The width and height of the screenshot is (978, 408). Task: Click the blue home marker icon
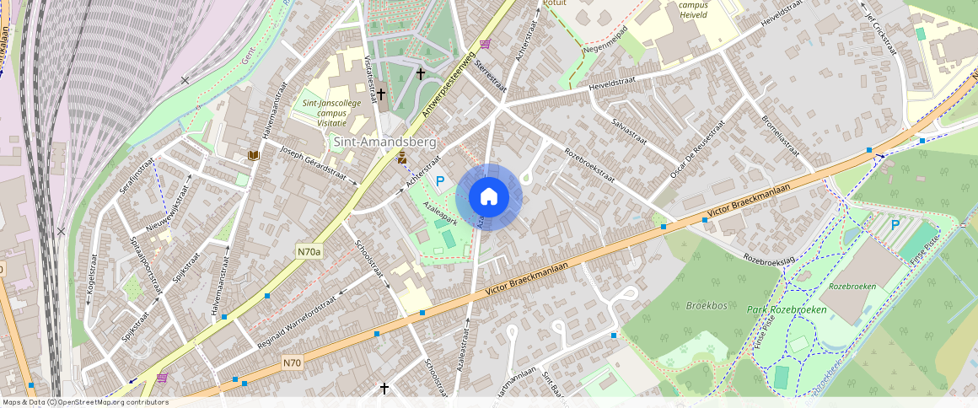pos(489,197)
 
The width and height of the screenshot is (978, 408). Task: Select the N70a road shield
pos(309,251)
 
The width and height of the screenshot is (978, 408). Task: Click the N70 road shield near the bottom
pos(293,363)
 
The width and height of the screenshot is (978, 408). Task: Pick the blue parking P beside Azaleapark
pos(440,180)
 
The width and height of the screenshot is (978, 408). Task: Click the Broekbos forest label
pos(706,305)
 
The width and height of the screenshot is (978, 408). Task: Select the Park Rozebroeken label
pos(786,310)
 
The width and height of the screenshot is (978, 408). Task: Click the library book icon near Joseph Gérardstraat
pos(253,155)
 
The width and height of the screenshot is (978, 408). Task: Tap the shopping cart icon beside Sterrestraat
pos(485,44)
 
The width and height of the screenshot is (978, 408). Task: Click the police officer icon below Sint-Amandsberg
pos(402,158)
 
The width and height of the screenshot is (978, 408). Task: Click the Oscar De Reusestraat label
pos(698,148)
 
